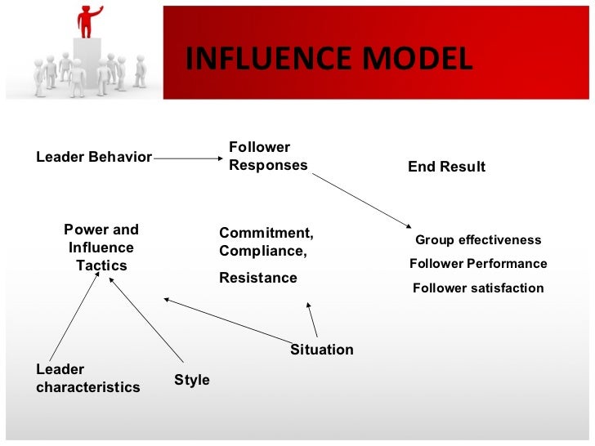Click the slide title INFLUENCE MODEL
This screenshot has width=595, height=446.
(x=328, y=59)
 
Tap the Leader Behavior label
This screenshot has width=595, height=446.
(x=93, y=157)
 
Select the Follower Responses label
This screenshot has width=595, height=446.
(x=267, y=156)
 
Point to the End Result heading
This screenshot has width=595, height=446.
(x=446, y=167)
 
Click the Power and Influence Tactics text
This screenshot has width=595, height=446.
(x=101, y=248)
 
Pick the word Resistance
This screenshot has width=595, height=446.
(x=257, y=278)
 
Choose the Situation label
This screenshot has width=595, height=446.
(x=322, y=350)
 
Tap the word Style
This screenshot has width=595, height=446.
(x=192, y=380)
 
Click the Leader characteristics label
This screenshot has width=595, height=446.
(x=87, y=378)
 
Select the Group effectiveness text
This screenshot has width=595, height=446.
(x=478, y=240)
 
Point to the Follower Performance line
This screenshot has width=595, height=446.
(x=478, y=264)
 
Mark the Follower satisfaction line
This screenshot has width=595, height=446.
(x=478, y=288)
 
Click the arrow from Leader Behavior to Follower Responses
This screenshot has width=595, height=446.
(x=189, y=158)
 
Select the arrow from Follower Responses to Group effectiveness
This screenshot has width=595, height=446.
(x=360, y=200)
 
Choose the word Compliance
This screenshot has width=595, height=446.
(x=262, y=251)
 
